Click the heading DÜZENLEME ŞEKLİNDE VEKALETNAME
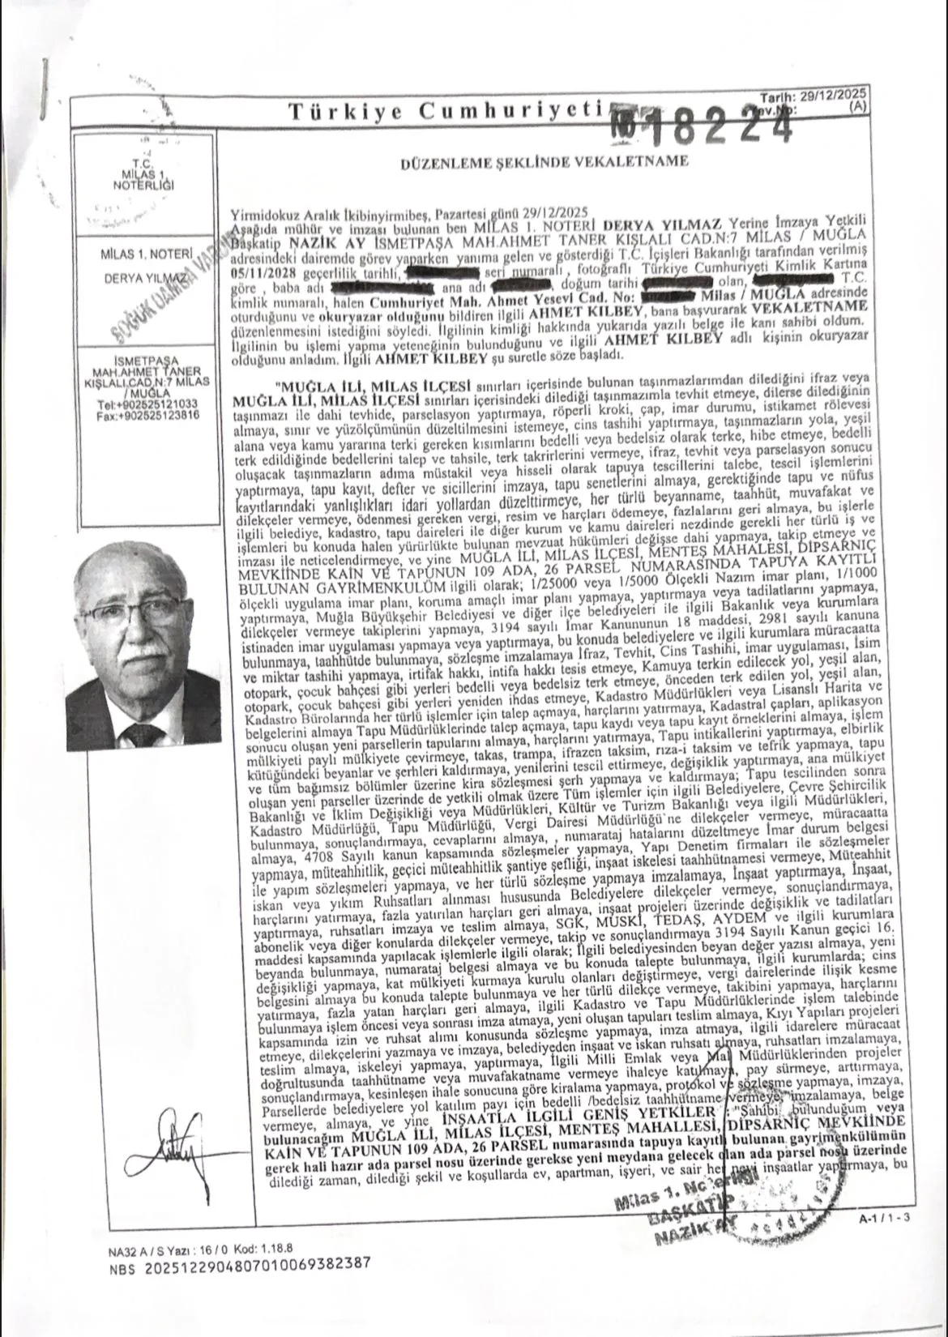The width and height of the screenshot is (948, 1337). pos(544,160)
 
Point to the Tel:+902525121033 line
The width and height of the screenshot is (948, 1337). pos(147,403)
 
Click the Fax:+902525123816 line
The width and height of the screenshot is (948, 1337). pos(147,413)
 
